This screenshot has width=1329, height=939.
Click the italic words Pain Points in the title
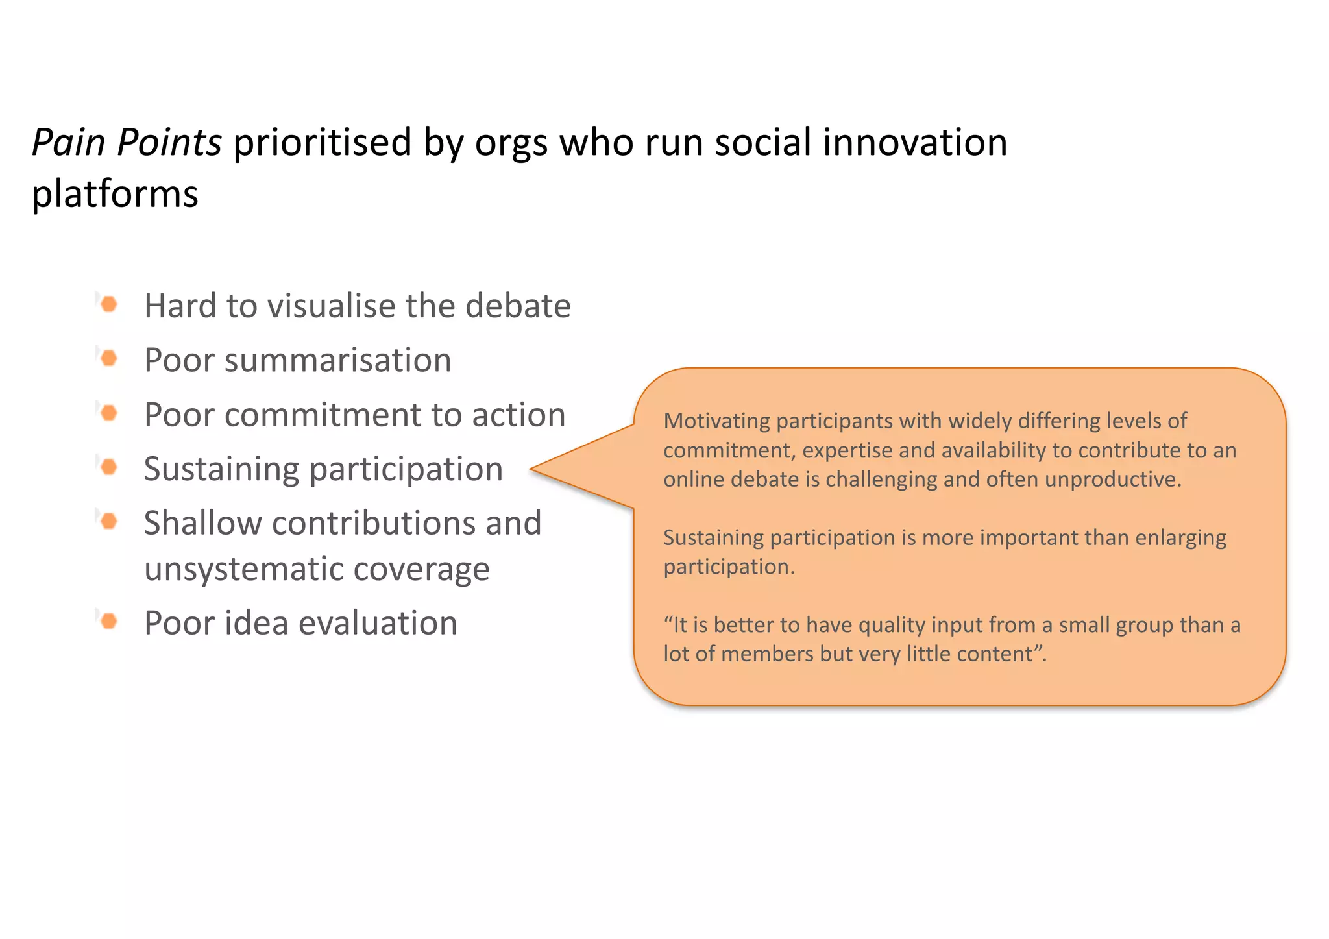(x=127, y=143)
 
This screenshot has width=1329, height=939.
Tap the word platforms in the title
(x=115, y=195)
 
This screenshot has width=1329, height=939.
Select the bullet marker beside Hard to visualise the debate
(x=109, y=304)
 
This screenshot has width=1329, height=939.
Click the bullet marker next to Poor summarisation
(x=109, y=358)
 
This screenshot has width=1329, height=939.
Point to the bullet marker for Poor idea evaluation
(x=109, y=621)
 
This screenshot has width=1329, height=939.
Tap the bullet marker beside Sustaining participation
(x=109, y=467)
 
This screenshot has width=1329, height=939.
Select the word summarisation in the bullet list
(x=337, y=360)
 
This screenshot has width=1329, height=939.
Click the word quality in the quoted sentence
(x=893, y=625)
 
